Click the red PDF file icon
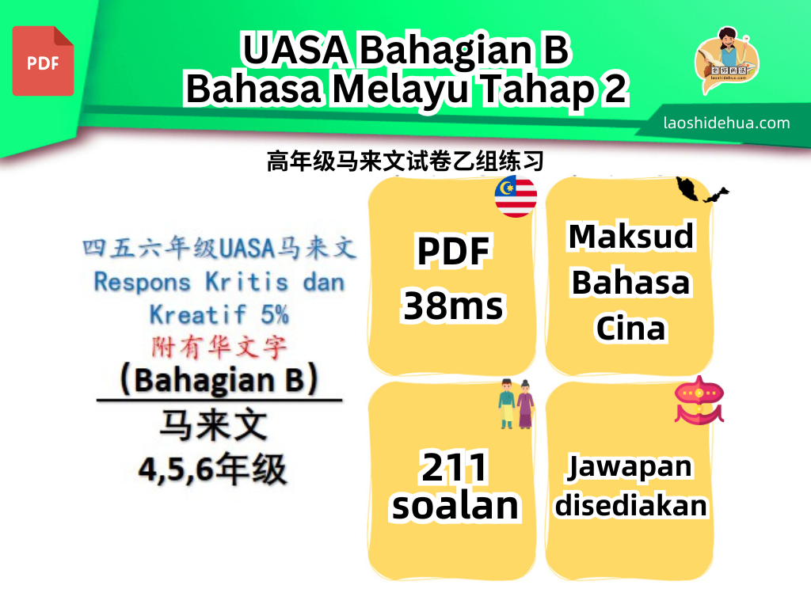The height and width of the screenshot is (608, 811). [43, 61]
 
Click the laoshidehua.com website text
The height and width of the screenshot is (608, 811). [726, 123]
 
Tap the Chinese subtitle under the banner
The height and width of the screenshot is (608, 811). [405, 161]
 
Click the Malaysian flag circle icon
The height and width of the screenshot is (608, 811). [516, 196]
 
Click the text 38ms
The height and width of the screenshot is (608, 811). [453, 306]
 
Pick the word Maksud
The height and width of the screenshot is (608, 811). [631, 237]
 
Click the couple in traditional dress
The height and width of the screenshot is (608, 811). [516, 405]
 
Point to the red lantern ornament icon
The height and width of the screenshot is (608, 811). [699, 401]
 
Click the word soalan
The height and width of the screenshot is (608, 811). [455, 506]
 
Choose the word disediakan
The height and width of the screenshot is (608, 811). [630, 505]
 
